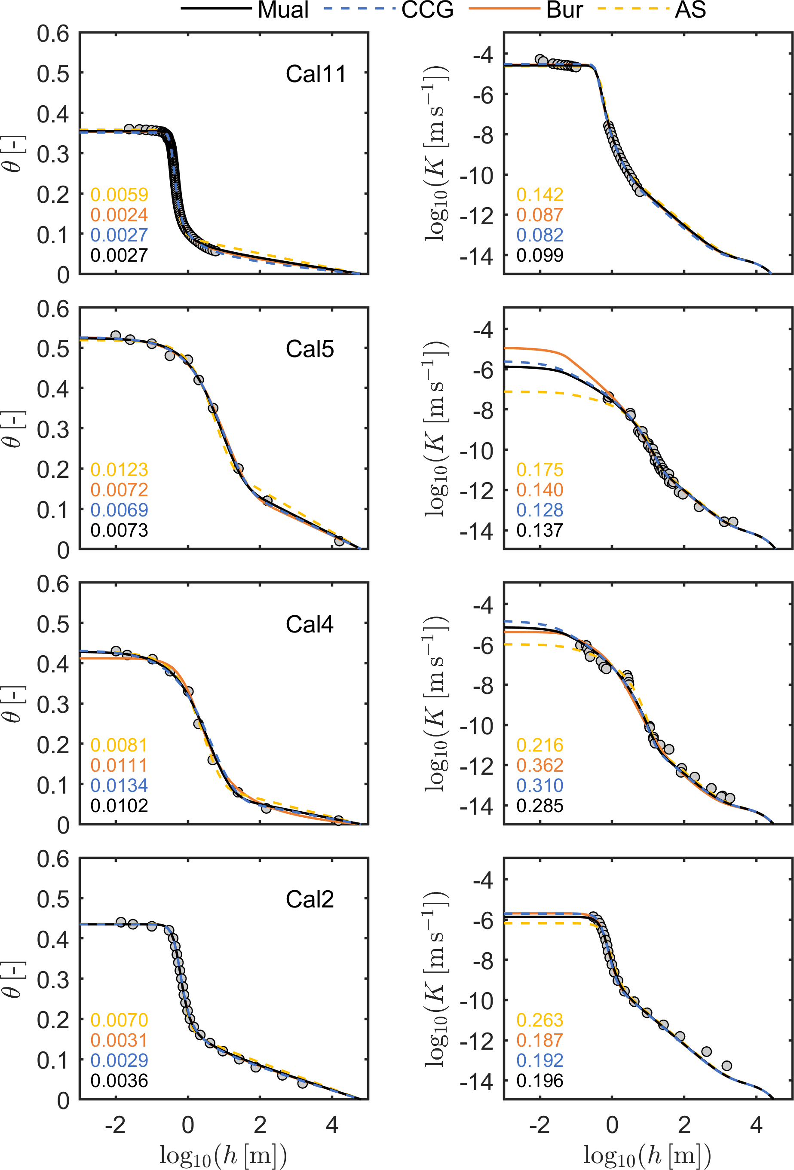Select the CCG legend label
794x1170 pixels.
(x=427, y=9)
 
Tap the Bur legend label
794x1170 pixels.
(x=564, y=9)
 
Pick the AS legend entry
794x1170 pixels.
(x=690, y=9)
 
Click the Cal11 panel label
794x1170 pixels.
(x=316, y=74)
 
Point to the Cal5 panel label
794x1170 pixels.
(x=310, y=349)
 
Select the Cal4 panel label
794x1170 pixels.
(x=310, y=624)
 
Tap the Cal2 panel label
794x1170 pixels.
(x=310, y=899)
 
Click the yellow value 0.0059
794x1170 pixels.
(x=119, y=194)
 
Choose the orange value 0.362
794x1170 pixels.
(x=540, y=765)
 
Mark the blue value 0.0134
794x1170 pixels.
(x=119, y=785)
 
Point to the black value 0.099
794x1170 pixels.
(x=540, y=255)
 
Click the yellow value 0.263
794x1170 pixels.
(x=540, y=1020)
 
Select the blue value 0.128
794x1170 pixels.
(x=540, y=510)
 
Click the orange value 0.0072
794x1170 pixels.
(x=119, y=490)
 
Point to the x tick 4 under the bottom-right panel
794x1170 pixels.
(x=756, y=1125)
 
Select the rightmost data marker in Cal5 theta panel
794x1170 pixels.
(x=339, y=541)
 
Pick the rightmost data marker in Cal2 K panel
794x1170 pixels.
(x=727, y=1066)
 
